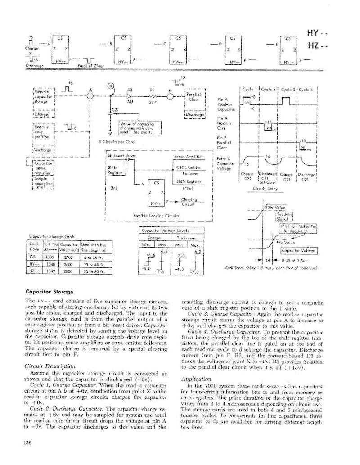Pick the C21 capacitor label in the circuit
[114, 109]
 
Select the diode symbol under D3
[130, 96]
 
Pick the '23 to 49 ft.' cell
[93, 265]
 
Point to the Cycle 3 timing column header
[288, 90]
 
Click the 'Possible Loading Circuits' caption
[154, 215]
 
